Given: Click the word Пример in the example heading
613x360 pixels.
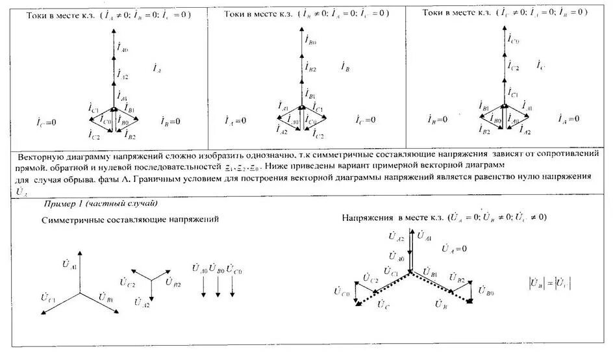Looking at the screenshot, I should pos(57,204).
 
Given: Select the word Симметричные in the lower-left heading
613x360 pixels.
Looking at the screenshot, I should pos(72,220).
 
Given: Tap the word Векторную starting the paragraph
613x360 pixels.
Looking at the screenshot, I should pos(40,158).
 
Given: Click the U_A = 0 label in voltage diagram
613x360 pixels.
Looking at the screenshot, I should pos(455,249).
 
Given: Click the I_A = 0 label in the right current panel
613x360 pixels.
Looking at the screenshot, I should pos(568,119).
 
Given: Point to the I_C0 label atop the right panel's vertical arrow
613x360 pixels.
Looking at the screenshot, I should pos(514,41).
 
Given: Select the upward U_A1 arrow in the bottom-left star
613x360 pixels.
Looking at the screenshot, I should pos(80,270).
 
